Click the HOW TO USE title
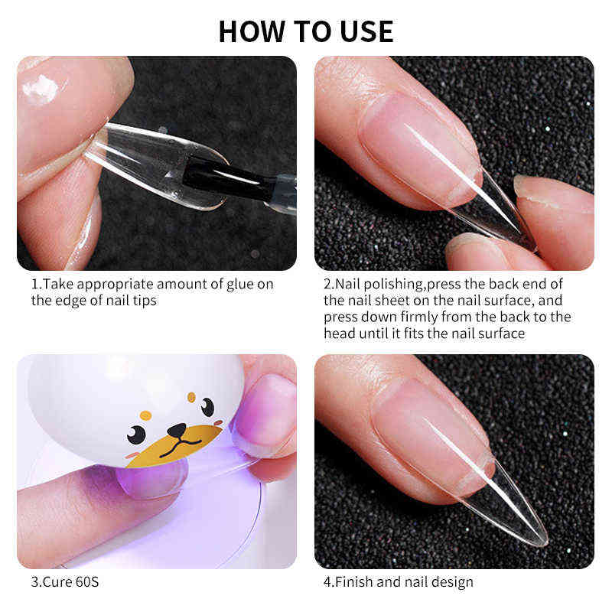click(306, 31)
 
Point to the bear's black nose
click(177, 431)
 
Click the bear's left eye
click(136, 435)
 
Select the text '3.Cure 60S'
click(65, 581)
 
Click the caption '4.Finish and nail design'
click(398, 581)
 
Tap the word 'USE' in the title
click(364, 31)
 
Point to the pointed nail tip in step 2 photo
click(520, 229)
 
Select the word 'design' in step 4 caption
click(452, 581)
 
